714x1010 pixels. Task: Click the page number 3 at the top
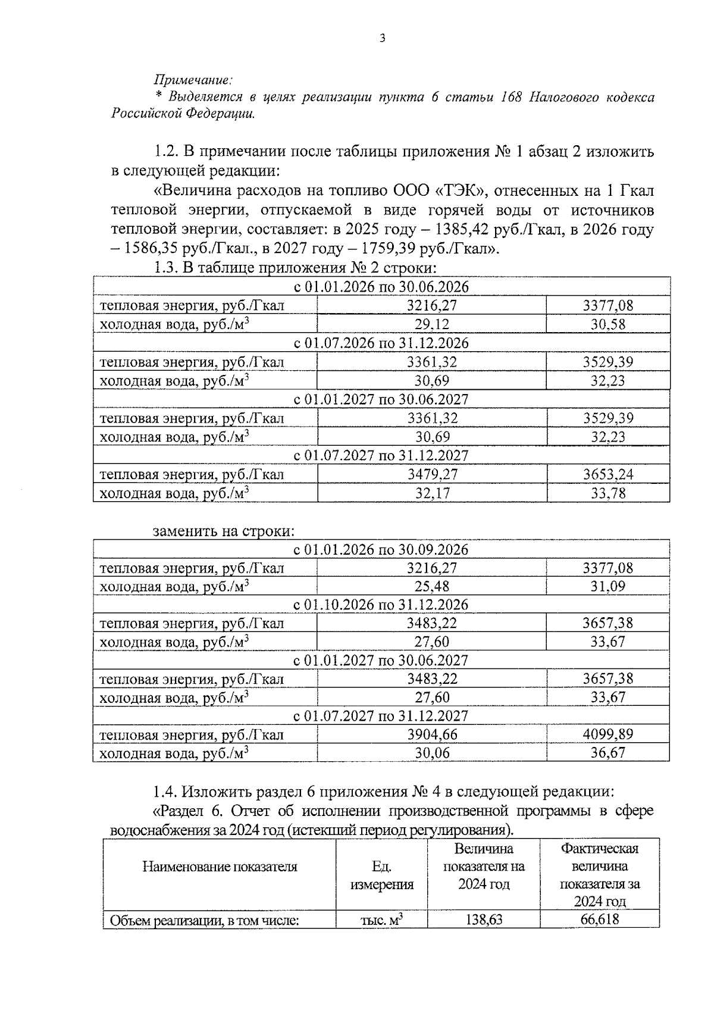click(382, 39)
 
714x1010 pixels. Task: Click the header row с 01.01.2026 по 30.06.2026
click(381, 287)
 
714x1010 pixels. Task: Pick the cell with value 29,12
click(431, 324)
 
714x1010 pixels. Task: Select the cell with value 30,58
click(607, 324)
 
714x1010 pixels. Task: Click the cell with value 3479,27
click(432, 474)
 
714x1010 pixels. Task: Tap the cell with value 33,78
click(607, 493)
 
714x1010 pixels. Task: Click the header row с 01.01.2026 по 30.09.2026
click(381, 549)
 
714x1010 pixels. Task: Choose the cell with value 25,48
click(431, 587)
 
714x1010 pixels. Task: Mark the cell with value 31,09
click(607, 587)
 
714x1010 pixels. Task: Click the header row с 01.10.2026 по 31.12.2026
click(381, 605)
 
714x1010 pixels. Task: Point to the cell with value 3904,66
click(432, 734)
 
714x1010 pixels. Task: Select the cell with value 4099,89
click(607, 734)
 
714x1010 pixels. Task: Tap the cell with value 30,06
click(431, 753)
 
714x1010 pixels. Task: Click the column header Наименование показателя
click(220, 867)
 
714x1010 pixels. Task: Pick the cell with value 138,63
click(484, 920)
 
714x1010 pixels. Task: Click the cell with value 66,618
click(599, 920)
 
